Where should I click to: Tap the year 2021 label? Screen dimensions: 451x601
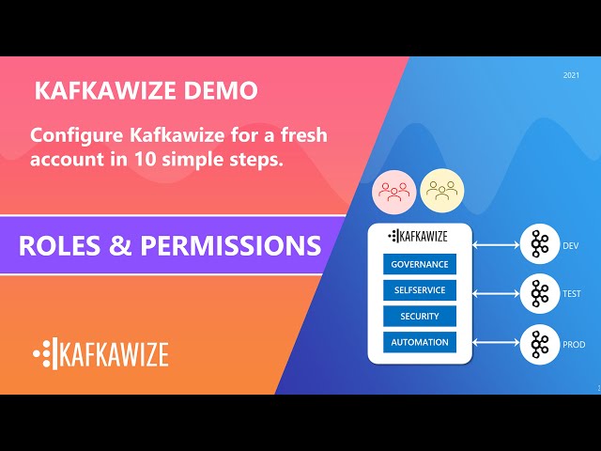[571, 74]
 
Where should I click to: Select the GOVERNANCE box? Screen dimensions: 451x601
[420, 264]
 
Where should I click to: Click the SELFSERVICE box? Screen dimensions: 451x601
[420, 290]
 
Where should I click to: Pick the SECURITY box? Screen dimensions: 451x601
[420, 316]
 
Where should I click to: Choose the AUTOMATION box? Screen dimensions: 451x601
[420, 342]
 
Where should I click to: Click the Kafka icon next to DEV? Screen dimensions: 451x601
[539, 246]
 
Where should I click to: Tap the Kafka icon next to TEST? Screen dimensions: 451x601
[539, 294]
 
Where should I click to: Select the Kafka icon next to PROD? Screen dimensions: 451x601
[539, 344]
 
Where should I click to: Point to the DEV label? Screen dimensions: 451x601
[570, 246]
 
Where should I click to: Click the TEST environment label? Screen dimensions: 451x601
[571, 294]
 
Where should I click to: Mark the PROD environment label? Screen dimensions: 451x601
[573, 345]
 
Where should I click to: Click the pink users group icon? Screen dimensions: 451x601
[393, 192]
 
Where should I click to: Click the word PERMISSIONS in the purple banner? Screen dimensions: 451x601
[230, 245]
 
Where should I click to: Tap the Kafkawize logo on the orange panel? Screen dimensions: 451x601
[100, 353]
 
